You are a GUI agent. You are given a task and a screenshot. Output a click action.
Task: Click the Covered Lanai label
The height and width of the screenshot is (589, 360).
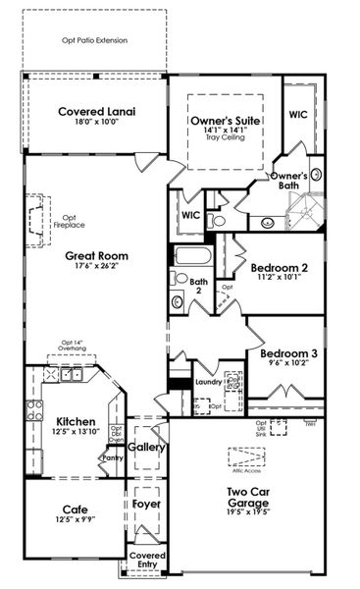[96, 111]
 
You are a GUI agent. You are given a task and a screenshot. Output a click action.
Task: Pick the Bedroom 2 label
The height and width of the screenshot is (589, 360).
[280, 267]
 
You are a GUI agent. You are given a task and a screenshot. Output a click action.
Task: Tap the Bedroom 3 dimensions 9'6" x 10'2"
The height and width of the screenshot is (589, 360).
[286, 362]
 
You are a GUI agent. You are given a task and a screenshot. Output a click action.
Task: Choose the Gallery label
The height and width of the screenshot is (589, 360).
[146, 448]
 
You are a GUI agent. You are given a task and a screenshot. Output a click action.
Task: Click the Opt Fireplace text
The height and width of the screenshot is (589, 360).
[70, 222]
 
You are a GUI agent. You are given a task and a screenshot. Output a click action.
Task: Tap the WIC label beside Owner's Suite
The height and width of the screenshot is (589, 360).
[299, 115]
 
